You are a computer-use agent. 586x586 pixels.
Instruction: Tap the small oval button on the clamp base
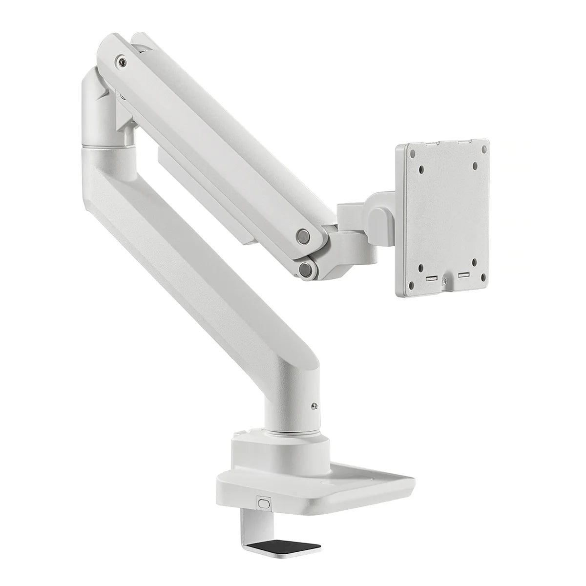click(x=265, y=502)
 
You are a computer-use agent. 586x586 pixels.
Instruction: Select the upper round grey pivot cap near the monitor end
click(x=304, y=236)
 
